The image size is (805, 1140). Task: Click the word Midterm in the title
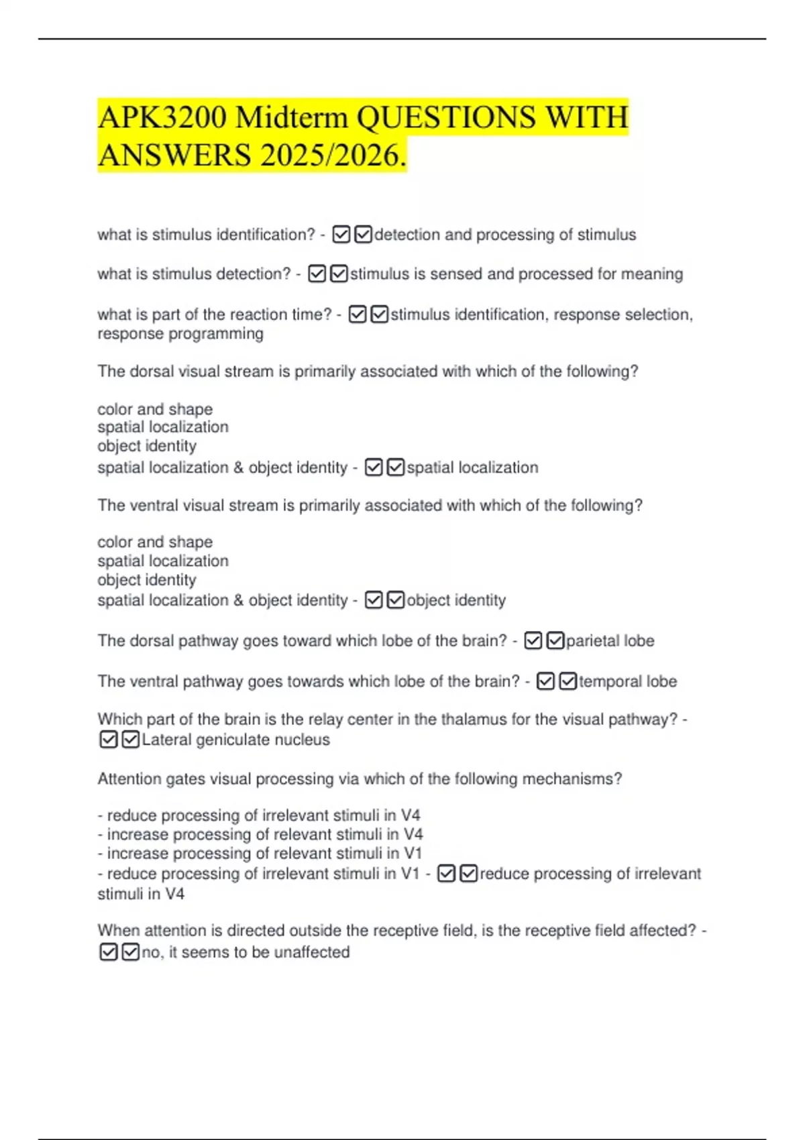point(291,118)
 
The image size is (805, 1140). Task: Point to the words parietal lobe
point(610,641)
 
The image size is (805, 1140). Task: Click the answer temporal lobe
point(627,681)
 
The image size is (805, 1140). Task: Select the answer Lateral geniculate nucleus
point(235,740)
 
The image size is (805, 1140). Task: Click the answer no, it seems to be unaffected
point(246,952)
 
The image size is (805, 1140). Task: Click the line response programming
point(180,334)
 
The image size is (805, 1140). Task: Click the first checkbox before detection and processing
point(341,235)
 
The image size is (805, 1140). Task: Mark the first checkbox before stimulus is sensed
point(317,274)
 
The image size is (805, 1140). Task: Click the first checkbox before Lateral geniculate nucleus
point(108,740)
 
